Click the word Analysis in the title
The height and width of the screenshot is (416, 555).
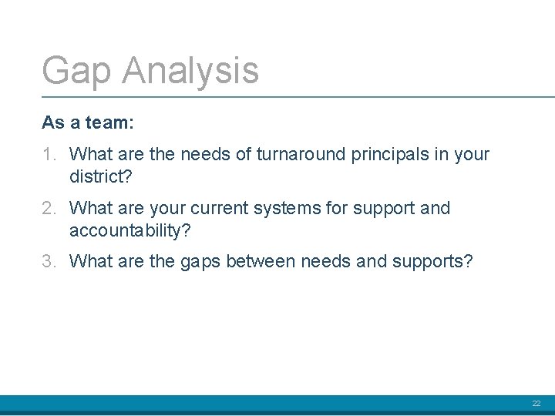(190, 71)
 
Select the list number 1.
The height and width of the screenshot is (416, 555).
(49, 155)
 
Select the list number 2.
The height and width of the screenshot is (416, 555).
(49, 209)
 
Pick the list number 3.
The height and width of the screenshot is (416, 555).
(49, 262)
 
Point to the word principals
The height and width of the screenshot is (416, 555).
(388, 155)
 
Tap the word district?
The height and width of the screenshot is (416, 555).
(101, 177)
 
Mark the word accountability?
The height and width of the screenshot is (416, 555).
(129, 231)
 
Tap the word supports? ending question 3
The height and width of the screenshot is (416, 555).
(432, 263)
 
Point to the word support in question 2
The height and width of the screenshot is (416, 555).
(385, 209)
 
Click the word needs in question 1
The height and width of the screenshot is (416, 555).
(206, 155)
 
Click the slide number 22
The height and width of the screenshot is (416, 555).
(536, 404)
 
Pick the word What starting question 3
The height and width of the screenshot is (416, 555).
(90, 262)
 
